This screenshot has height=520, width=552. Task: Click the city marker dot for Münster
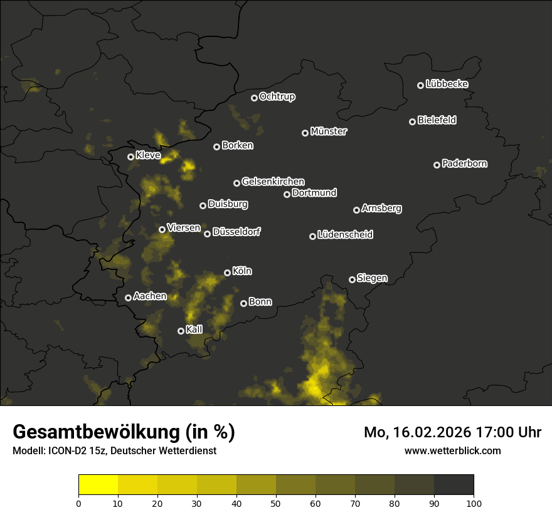click(305, 133)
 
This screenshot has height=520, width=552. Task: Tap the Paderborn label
click(464, 164)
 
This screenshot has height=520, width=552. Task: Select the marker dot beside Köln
click(227, 273)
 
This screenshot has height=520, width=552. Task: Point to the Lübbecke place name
click(447, 84)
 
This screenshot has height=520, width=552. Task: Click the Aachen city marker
click(128, 298)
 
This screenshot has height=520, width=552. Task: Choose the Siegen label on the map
click(372, 278)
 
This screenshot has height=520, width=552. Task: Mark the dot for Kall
click(181, 331)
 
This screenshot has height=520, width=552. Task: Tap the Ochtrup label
click(277, 97)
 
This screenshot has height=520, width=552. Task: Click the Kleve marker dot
click(130, 157)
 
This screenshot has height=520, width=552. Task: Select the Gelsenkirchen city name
click(273, 182)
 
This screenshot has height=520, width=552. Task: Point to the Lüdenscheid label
click(345, 235)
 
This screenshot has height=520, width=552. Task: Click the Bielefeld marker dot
click(412, 122)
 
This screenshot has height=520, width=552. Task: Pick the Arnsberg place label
click(381, 209)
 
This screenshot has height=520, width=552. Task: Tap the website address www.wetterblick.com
click(452, 450)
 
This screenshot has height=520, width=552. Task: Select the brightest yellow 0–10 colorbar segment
click(98, 485)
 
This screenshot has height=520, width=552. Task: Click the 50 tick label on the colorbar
click(276, 503)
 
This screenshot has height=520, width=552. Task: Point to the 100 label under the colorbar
click(474, 503)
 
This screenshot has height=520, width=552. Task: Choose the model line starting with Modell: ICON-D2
click(114, 451)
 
